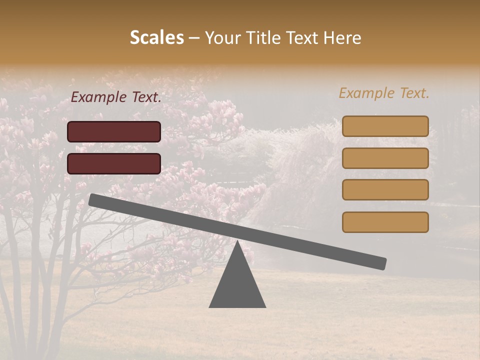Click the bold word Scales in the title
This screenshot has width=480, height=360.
(156, 37)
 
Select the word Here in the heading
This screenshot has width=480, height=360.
(342, 37)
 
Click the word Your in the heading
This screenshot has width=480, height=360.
(223, 38)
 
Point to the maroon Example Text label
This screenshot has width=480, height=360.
(116, 97)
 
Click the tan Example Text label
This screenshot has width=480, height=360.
(384, 93)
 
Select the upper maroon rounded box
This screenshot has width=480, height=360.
(114, 131)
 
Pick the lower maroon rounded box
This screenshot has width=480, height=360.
(114, 163)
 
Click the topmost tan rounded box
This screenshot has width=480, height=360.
(385, 126)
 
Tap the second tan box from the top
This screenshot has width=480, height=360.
(385, 158)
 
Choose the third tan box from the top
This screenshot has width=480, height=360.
(385, 190)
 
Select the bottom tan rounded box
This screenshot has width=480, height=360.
(385, 222)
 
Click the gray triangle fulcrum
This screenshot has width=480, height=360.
(237, 285)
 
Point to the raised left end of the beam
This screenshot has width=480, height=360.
(93, 199)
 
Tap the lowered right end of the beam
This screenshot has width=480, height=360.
(382, 263)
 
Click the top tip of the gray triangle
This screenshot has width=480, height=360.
(237, 242)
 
